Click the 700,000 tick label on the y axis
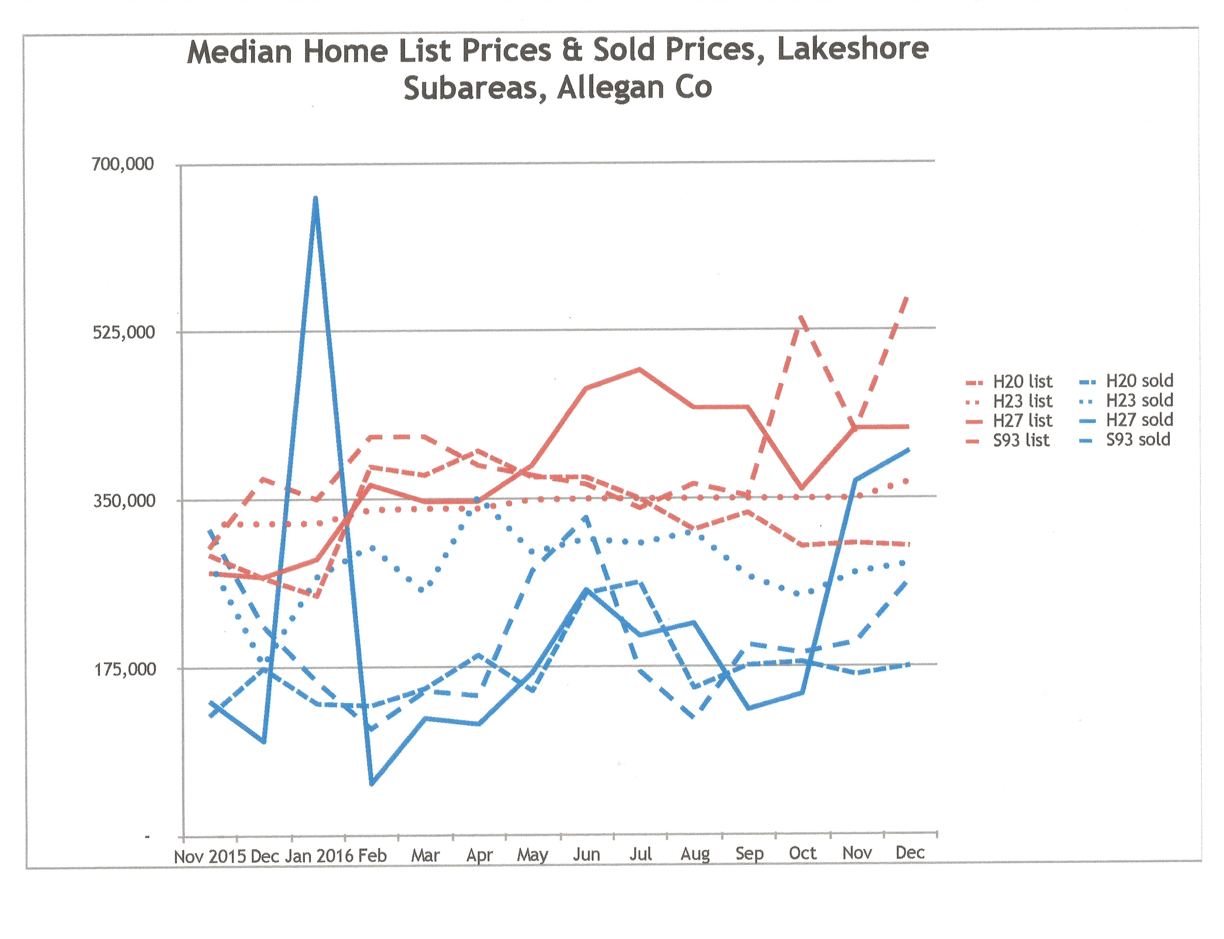pos(122,164)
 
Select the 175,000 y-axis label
pos(125,669)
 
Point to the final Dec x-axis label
pos(910,852)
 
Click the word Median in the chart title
pos(239,52)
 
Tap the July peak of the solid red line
pos(639,369)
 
